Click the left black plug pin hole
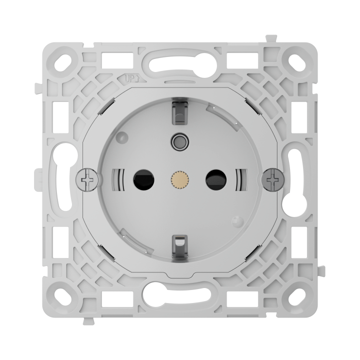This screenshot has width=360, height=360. [143, 179]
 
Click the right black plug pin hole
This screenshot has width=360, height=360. [216, 179]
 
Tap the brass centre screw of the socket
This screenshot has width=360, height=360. [180, 179]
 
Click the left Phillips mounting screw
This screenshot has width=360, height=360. [87, 180]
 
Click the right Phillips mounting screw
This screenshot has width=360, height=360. [273, 180]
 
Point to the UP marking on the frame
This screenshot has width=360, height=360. [132, 79]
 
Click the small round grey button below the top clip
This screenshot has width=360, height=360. [180, 140]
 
